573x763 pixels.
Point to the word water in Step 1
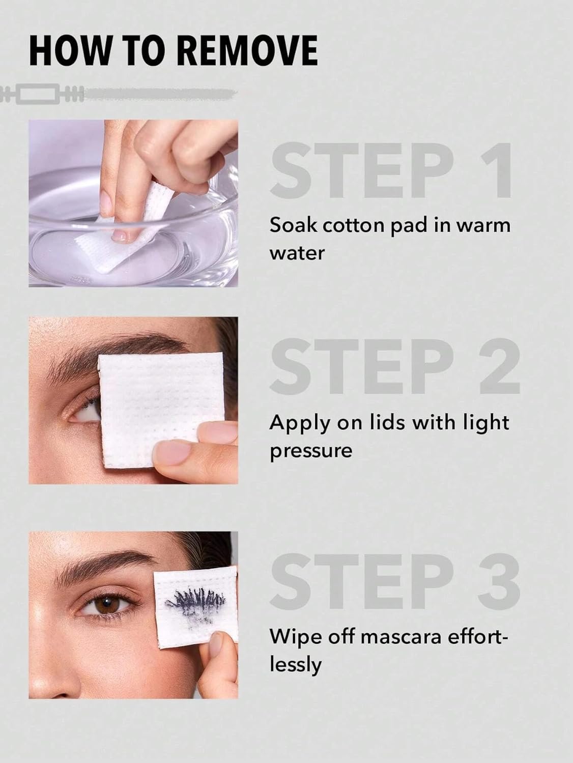click(297, 253)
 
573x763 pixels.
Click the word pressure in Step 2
click(311, 451)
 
